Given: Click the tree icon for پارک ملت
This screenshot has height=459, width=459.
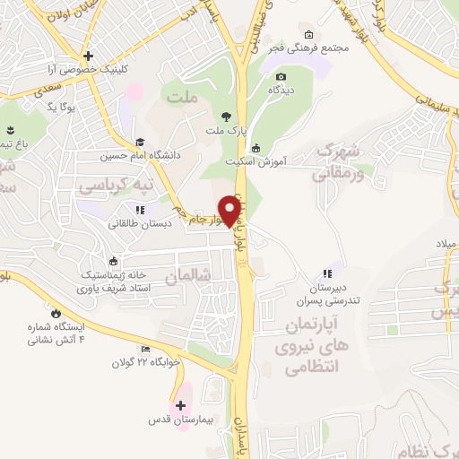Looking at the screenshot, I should tap(226, 117).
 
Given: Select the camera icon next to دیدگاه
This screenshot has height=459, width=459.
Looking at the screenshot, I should tap(281, 77).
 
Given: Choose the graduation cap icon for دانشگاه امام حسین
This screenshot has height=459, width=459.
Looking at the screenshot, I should tap(140, 142).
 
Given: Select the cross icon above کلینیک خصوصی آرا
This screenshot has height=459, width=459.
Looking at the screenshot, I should tap(88, 55).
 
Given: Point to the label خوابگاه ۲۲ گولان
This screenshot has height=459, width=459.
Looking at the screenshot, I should tap(146, 362).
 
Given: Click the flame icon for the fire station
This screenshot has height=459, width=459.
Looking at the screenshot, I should tap(56, 314).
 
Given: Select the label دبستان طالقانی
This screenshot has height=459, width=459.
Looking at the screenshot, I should tap(139, 223).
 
